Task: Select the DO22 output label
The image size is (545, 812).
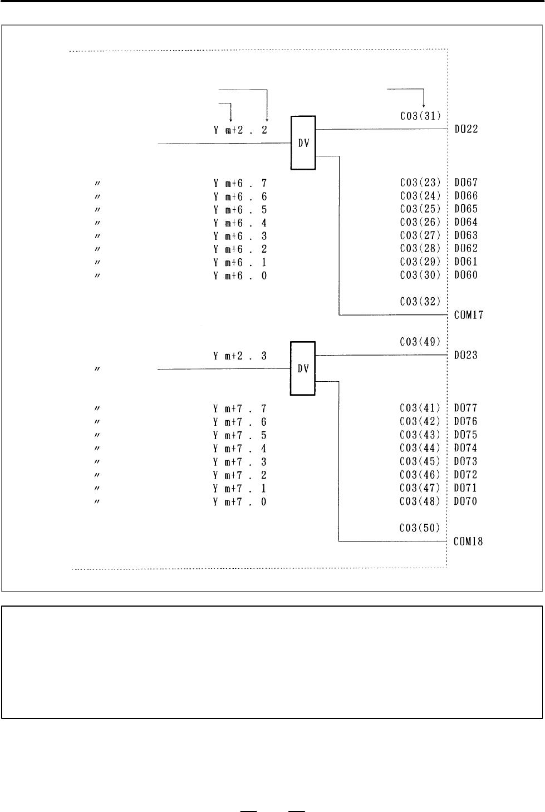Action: point(467,129)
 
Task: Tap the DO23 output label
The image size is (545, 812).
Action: point(466,355)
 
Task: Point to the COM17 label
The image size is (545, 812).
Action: point(469,314)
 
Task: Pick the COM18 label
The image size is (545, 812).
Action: point(469,541)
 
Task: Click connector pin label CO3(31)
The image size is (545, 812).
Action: point(421,116)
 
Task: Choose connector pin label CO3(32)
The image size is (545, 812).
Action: point(420,302)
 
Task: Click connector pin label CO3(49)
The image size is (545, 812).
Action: point(420,342)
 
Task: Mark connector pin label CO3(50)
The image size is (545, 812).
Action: point(420,528)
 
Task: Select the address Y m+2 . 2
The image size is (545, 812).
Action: point(240,130)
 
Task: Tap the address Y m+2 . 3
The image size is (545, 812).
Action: point(240,356)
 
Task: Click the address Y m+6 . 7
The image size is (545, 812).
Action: point(240,184)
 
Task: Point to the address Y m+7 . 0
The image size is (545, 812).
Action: point(240,501)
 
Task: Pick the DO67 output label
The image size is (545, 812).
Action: point(467,183)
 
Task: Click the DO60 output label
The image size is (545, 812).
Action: point(467,275)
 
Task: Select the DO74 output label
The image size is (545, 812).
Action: point(465,448)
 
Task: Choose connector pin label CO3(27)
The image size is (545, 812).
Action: point(420,235)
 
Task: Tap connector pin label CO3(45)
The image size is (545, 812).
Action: point(420,461)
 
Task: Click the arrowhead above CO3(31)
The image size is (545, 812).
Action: point(424,106)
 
